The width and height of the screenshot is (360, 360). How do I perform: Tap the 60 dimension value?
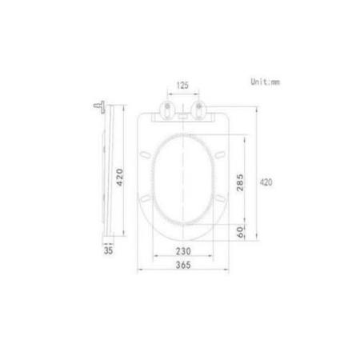click(x=238, y=231)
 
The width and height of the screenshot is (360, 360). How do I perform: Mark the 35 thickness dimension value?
click(x=109, y=250)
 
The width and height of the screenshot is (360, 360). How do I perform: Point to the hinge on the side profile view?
click(x=100, y=105)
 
